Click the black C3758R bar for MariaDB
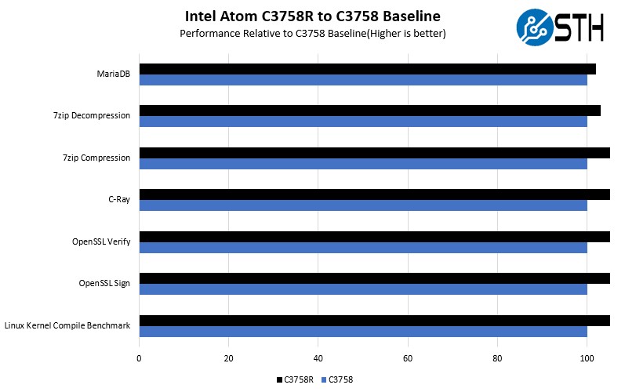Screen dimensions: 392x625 click(x=367, y=69)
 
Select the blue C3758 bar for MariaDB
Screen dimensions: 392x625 click(x=363, y=80)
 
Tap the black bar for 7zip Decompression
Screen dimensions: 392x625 click(x=369, y=111)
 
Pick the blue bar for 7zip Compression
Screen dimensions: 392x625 click(x=363, y=164)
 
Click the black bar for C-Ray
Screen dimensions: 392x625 click(x=374, y=194)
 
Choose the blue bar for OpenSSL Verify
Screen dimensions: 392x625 click(x=363, y=248)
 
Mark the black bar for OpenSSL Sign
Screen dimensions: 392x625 click(x=374, y=278)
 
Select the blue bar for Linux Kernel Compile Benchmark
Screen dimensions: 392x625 click(x=363, y=332)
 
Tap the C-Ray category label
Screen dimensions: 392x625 click(x=119, y=200)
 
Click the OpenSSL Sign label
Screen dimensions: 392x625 click(x=104, y=284)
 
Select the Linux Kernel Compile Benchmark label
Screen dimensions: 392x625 click(x=67, y=325)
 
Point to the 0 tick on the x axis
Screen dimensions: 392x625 click(x=139, y=359)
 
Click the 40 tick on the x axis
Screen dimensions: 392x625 click(x=318, y=359)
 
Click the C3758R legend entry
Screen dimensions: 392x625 click(x=296, y=379)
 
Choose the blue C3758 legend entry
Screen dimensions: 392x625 click(x=337, y=379)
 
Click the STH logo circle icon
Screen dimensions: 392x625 click(x=534, y=27)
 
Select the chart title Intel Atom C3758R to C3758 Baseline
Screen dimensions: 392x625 click(x=312, y=16)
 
